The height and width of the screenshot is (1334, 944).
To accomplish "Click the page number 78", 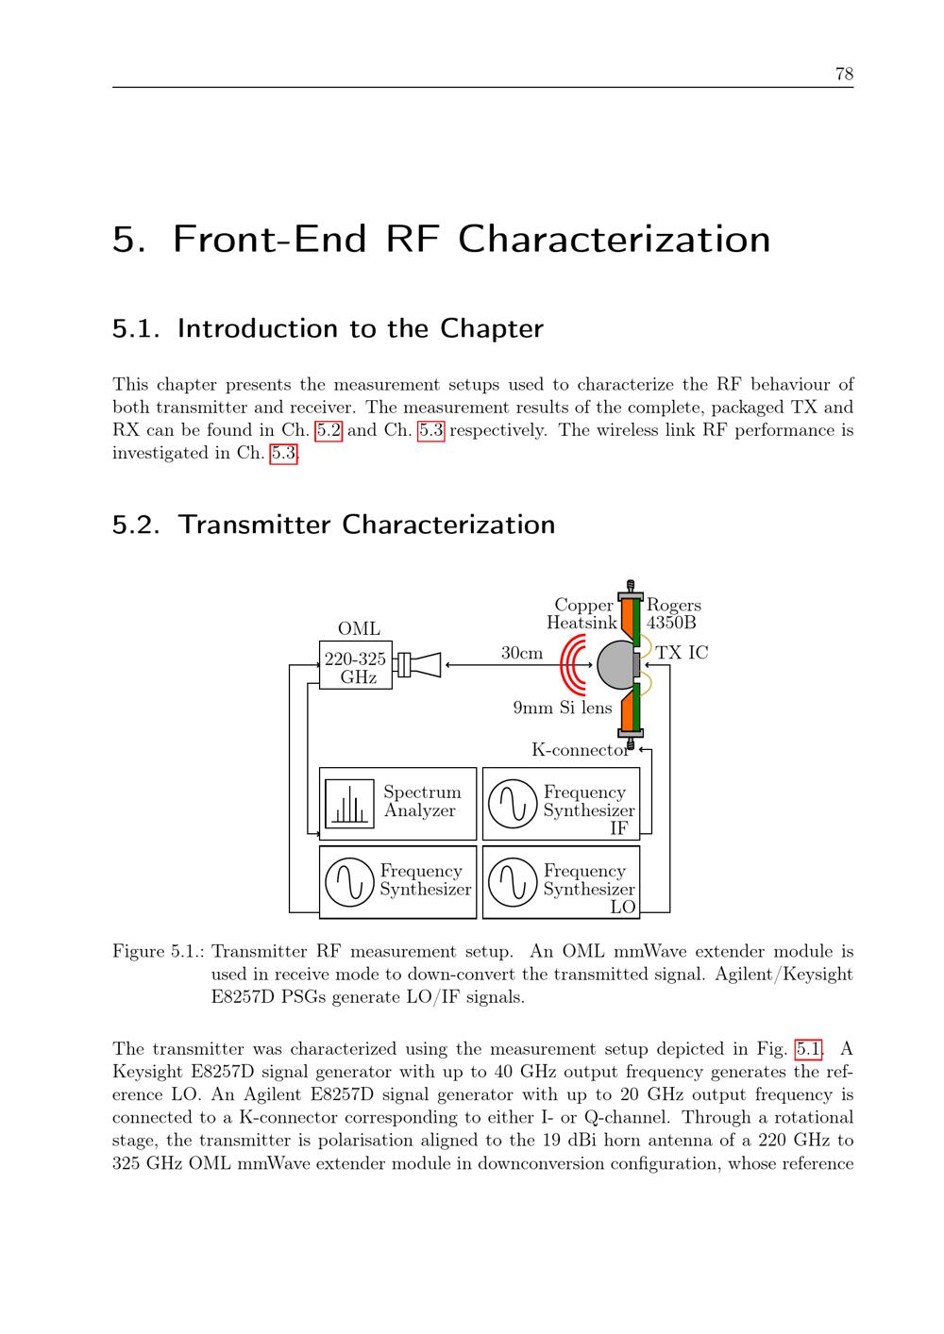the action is (x=844, y=74).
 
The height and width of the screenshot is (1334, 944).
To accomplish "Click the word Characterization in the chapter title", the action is (x=614, y=240).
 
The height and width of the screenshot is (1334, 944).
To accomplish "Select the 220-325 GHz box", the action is (x=355, y=664).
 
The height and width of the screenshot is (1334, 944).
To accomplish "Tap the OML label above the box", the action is (x=359, y=628).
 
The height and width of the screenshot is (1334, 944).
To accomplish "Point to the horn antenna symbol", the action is (x=419, y=664).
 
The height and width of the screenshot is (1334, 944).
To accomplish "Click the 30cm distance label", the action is (x=521, y=653).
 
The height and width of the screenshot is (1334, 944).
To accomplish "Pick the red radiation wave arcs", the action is (x=573, y=664).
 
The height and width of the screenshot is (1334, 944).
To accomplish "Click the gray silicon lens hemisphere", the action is (x=615, y=664).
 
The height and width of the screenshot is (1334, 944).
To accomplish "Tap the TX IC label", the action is (x=682, y=653).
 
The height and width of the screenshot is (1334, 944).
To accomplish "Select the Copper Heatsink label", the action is (x=582, y=613).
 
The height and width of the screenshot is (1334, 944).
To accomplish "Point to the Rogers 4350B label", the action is (x=673, y=613).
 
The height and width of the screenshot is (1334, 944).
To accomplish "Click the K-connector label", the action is (x=581, y=750).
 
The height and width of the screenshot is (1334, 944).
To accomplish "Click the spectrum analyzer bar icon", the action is (x=350, y=804).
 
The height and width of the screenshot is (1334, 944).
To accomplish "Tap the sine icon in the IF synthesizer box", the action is (x=513, y=804).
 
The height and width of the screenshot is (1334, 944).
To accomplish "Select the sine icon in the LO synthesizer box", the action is (x=513, y=882).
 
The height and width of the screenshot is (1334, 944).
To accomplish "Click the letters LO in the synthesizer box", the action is (x=622, y=907).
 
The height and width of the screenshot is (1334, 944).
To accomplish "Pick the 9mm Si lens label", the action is (x=563, y=708).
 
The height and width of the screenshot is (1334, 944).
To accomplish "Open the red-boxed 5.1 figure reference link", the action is (x=808, y=1048).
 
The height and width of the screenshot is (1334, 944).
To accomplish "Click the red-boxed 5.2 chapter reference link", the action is (x=329, y=430).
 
